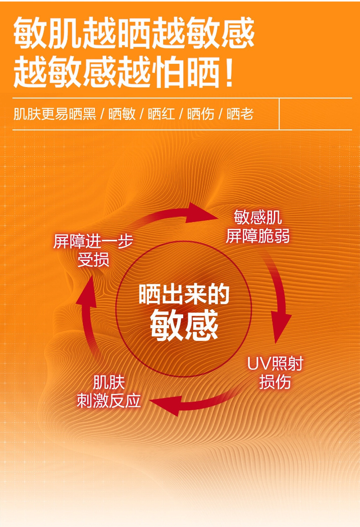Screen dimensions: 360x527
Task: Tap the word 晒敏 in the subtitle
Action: pyautogui.click(x=122, y=114)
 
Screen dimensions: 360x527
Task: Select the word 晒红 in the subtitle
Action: pyautogui.click(x=161, y=114)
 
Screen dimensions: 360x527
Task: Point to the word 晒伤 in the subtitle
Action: pyautogui.click(x=201, y=114)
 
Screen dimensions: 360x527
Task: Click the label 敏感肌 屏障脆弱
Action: pyautogui.click(x=257, y=227)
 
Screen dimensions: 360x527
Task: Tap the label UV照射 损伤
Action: pyautogui.click(x=275, y=373)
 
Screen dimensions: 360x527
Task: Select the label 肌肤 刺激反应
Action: pyautogui.click(x=109, y=392)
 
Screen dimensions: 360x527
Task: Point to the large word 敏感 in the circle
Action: pyautogui.click(x=184, y=325)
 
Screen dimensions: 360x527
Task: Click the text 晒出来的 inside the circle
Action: pyautogui.click(x=184, y=295)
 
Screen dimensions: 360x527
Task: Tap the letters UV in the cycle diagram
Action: pyautogui.click(x=259, y=364)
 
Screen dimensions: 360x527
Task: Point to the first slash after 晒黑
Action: pyautogui.click(x=102, y=114)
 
